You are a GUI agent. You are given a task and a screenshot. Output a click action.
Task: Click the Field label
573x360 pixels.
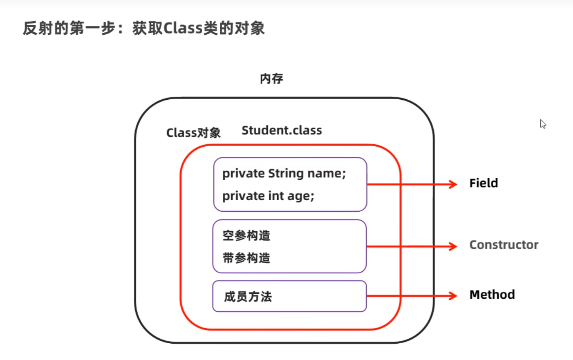pos(483,183)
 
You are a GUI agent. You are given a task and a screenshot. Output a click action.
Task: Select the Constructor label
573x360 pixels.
pos(504,245)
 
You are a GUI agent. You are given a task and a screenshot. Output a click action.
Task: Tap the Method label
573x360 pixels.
pos(492,295)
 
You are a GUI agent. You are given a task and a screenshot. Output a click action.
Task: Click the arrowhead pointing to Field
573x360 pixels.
pos(453,184)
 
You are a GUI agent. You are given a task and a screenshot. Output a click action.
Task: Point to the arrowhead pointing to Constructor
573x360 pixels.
pos(453,246)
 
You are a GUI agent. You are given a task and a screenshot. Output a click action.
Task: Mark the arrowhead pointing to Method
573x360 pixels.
pos(453,295)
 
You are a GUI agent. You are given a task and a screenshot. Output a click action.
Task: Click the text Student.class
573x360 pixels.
pos(282,130)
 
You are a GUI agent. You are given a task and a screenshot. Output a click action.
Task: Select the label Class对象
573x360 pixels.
pos(193,133)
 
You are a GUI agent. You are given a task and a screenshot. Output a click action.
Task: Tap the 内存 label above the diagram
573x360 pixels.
pos(271,78)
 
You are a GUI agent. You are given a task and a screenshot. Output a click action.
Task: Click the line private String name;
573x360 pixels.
pos(284,174)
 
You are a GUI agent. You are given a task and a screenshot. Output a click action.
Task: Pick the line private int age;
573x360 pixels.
pos(268,196)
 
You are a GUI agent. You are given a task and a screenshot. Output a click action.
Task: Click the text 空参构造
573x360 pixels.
pos(246,235)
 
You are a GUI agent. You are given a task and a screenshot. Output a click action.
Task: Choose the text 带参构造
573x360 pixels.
pos(246,258)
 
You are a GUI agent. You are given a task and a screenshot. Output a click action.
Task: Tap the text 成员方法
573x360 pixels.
pos(248,296)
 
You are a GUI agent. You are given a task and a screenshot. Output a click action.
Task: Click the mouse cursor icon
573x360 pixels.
pos(543,124)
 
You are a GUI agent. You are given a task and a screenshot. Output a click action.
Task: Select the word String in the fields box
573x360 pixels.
pos(286,174)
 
